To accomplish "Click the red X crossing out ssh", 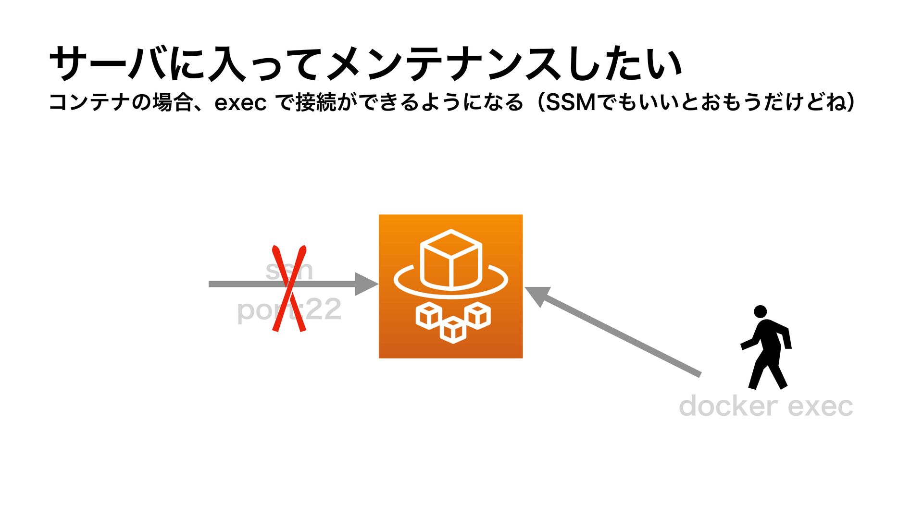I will pos(289,288).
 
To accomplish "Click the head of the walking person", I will pos(760,311).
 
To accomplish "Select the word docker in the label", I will pos(728,407).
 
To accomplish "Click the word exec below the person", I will pos(820,407).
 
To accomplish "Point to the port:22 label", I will pos(289,310).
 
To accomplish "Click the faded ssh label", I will pos(289,270).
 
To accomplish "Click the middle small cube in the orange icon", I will pos(453,330).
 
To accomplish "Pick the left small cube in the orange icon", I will pos(428,316).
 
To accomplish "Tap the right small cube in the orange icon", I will pos(478,316).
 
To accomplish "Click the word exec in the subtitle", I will pos(240,102).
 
